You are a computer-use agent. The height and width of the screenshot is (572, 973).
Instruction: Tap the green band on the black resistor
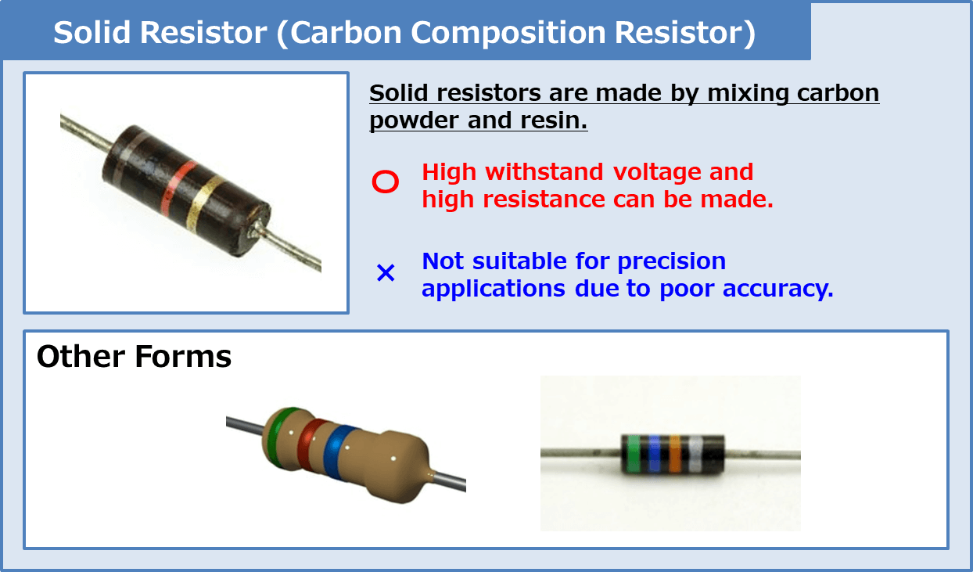pos(634,454)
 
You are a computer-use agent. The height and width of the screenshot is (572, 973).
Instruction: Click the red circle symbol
pos(386,182)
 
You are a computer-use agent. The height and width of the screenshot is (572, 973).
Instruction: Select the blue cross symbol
pos(386,273)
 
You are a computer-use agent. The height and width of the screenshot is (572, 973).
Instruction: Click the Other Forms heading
pos(134,357)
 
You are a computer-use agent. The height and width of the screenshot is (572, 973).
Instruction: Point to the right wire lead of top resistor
pos(293,250)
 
